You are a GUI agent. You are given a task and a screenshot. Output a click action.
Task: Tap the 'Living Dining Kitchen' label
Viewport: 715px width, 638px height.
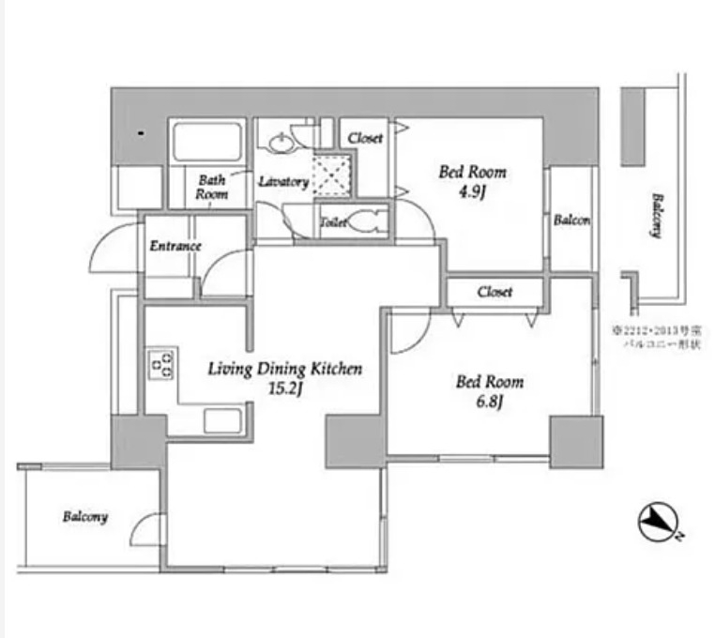(284, 369)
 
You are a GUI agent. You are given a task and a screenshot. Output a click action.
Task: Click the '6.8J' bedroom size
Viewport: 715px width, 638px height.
(489, 403)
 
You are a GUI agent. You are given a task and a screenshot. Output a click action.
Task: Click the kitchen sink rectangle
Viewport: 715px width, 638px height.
(223, 420)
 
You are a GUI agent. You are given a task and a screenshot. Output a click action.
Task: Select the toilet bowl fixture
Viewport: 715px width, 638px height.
(370, 222)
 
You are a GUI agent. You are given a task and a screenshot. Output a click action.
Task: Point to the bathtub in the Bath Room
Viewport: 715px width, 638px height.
(207, 143)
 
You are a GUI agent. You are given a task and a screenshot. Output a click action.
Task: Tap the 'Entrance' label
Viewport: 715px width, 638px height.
(175, 246)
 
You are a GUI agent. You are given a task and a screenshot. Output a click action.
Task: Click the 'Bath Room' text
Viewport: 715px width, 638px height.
(211, 187)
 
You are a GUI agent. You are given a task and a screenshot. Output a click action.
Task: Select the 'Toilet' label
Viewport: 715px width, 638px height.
(334, 223)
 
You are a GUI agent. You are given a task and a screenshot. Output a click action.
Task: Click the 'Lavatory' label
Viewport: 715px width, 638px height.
(283, 182)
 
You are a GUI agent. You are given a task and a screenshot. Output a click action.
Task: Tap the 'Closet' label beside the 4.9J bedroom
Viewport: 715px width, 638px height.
(365, 138)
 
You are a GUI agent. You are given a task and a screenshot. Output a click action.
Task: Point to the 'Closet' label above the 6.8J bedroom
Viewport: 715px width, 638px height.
(494, 292)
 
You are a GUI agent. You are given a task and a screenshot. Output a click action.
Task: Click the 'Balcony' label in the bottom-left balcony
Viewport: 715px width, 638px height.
(85, 517)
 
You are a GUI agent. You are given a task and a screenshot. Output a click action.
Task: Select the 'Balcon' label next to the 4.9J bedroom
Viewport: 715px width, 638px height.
(571, 220)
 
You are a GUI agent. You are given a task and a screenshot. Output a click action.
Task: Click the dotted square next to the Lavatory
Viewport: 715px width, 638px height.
(332, 175)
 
